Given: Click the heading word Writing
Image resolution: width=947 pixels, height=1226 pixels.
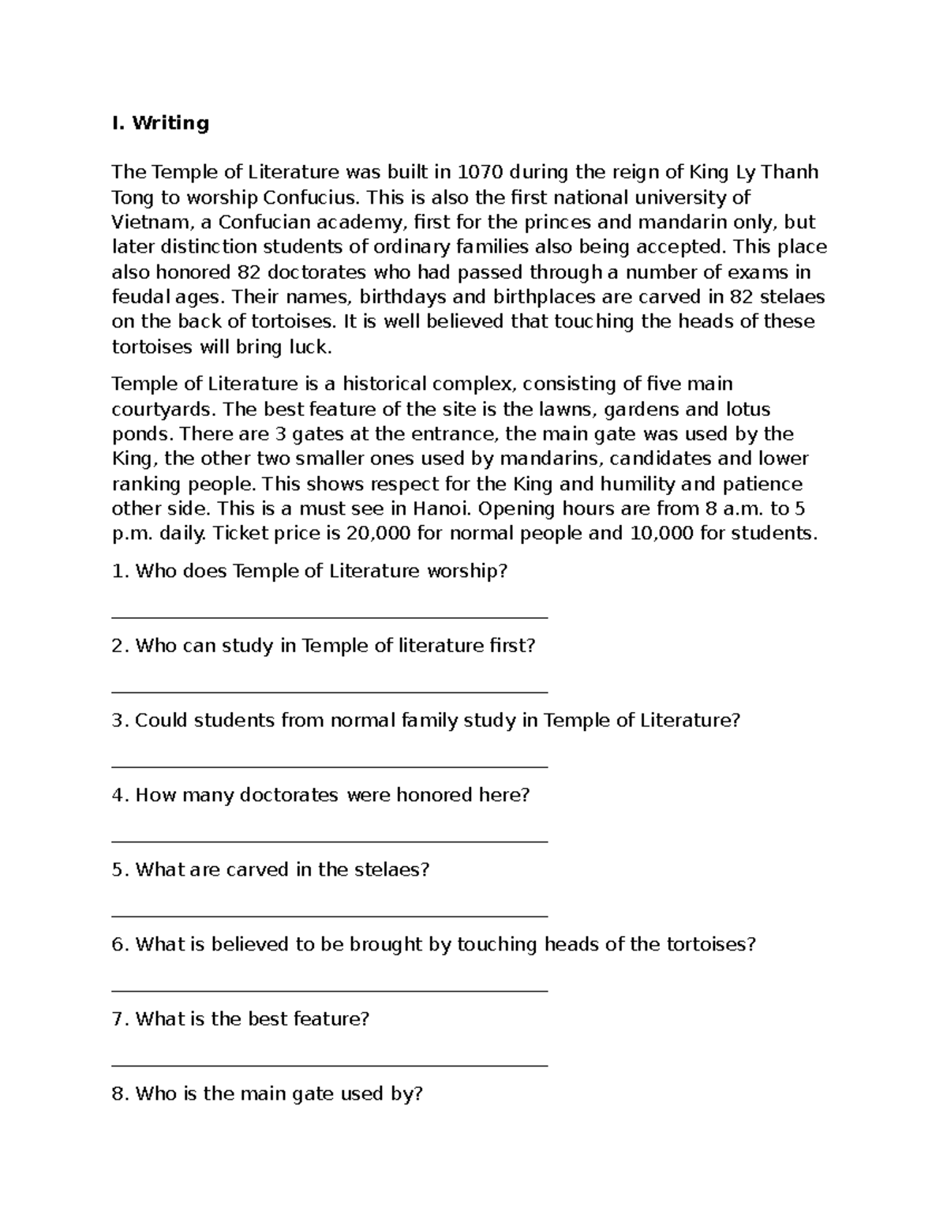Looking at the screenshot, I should point(170,123).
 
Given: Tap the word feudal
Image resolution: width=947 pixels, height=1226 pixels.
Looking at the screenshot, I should point(141,297).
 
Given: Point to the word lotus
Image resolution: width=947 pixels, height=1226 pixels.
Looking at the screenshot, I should point(747,409).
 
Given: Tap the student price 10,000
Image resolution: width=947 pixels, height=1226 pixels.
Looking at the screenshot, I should point(661,533).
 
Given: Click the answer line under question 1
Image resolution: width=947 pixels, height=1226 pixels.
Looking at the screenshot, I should point(330,618).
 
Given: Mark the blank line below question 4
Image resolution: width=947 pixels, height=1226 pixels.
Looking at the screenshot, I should point(330,842).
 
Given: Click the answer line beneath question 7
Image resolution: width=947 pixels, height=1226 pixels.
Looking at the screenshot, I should point(330,1065).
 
